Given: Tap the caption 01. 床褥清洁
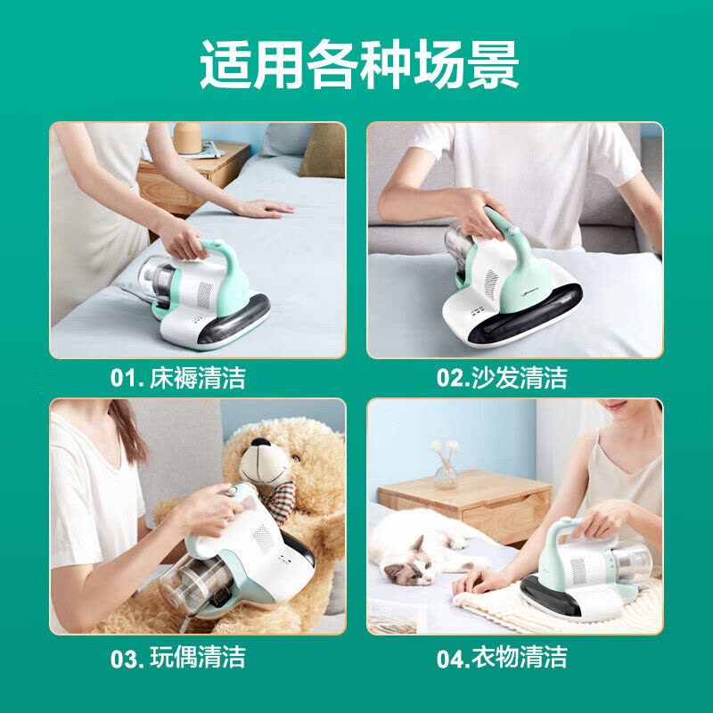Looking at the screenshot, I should tap(178, 378).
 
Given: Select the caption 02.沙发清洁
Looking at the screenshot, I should tap(502, 378).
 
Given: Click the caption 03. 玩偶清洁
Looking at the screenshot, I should tap(178, 659).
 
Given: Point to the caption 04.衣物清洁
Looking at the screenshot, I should tap(502, 659).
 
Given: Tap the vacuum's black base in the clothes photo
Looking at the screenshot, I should tap(553, 592).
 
